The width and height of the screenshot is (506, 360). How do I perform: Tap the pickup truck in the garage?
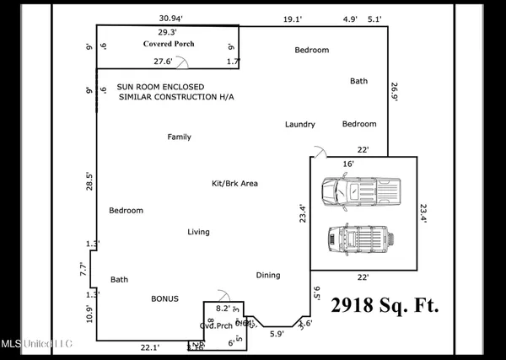pos(363,191)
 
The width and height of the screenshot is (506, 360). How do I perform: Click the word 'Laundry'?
pos(299,125)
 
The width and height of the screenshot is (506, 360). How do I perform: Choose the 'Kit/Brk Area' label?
pos(234,183)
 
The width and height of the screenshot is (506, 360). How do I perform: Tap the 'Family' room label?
pos(179,137)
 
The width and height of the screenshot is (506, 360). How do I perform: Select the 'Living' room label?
pos(198,231)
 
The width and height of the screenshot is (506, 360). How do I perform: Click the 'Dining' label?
pos(268,275)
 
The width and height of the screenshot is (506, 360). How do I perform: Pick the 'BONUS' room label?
pos(164,298)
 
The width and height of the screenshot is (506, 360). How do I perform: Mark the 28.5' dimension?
pos(89,181)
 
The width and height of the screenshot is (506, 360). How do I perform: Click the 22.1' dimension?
pos(149,347)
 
